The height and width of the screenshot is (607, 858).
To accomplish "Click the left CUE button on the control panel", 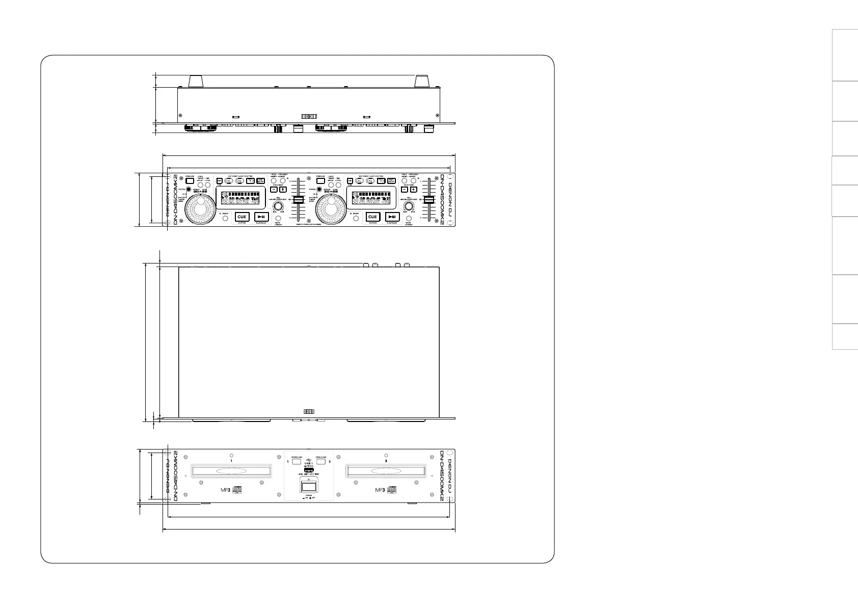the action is [242, 217].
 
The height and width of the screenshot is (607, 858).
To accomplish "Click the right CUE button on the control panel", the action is [372, 217].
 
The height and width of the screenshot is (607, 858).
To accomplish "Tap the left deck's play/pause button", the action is [261, 217].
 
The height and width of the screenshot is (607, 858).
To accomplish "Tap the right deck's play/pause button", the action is [392, 217].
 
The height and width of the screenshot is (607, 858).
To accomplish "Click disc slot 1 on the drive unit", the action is [231, 471].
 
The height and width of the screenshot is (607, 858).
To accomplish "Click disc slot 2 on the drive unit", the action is [386, 471].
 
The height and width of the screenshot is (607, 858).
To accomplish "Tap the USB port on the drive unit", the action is [309, 468].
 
